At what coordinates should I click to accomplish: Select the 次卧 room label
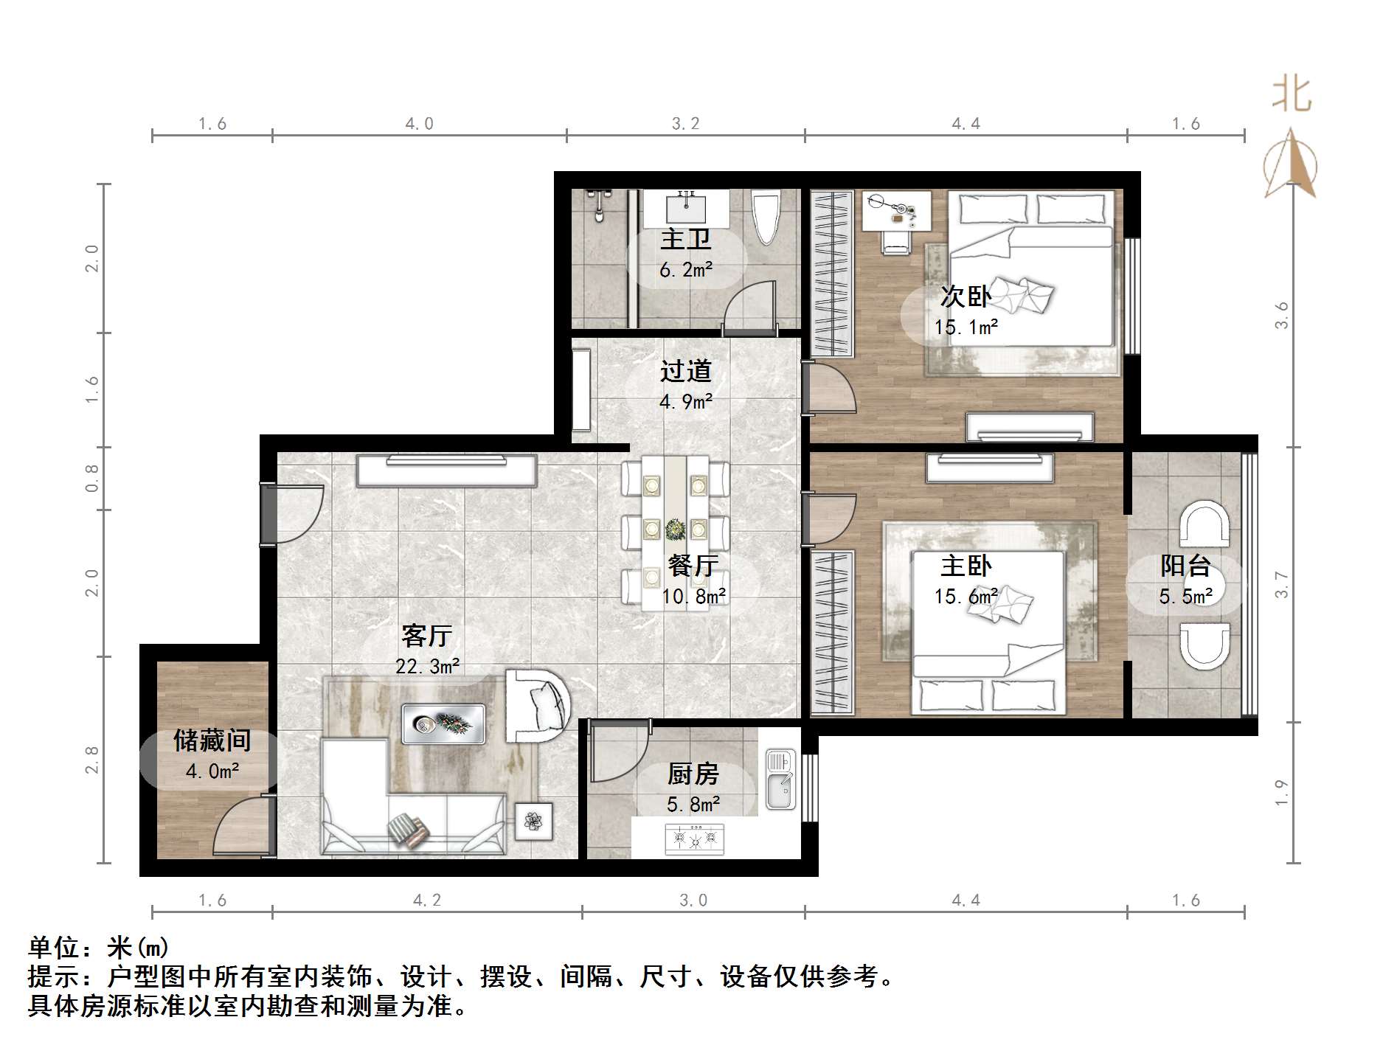(x=966, y=296)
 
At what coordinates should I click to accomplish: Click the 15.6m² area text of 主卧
(x=966, y=596)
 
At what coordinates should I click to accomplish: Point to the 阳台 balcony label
(x=1185, y=566)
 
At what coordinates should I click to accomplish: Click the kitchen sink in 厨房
(x=780, y=779)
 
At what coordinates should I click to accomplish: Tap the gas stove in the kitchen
(x=694, y=839)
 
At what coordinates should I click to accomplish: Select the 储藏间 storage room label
(x=212, y=740)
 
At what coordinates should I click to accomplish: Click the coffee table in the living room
(x=443, y=723)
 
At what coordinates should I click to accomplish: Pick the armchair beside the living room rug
(x=537, y=705)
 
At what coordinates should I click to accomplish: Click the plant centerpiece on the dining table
(x=675, y=529)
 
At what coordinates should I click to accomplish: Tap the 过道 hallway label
(x=685, y=371)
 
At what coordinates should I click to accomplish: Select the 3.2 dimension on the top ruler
(x=685, y=124)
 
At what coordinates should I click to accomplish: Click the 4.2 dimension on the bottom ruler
(x=426, y=900)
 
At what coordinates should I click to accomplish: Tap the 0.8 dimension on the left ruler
(x=91, y=478)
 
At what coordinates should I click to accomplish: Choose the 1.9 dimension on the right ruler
(x=1282, y=792)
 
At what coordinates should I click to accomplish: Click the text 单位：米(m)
(x=99, y=947)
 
